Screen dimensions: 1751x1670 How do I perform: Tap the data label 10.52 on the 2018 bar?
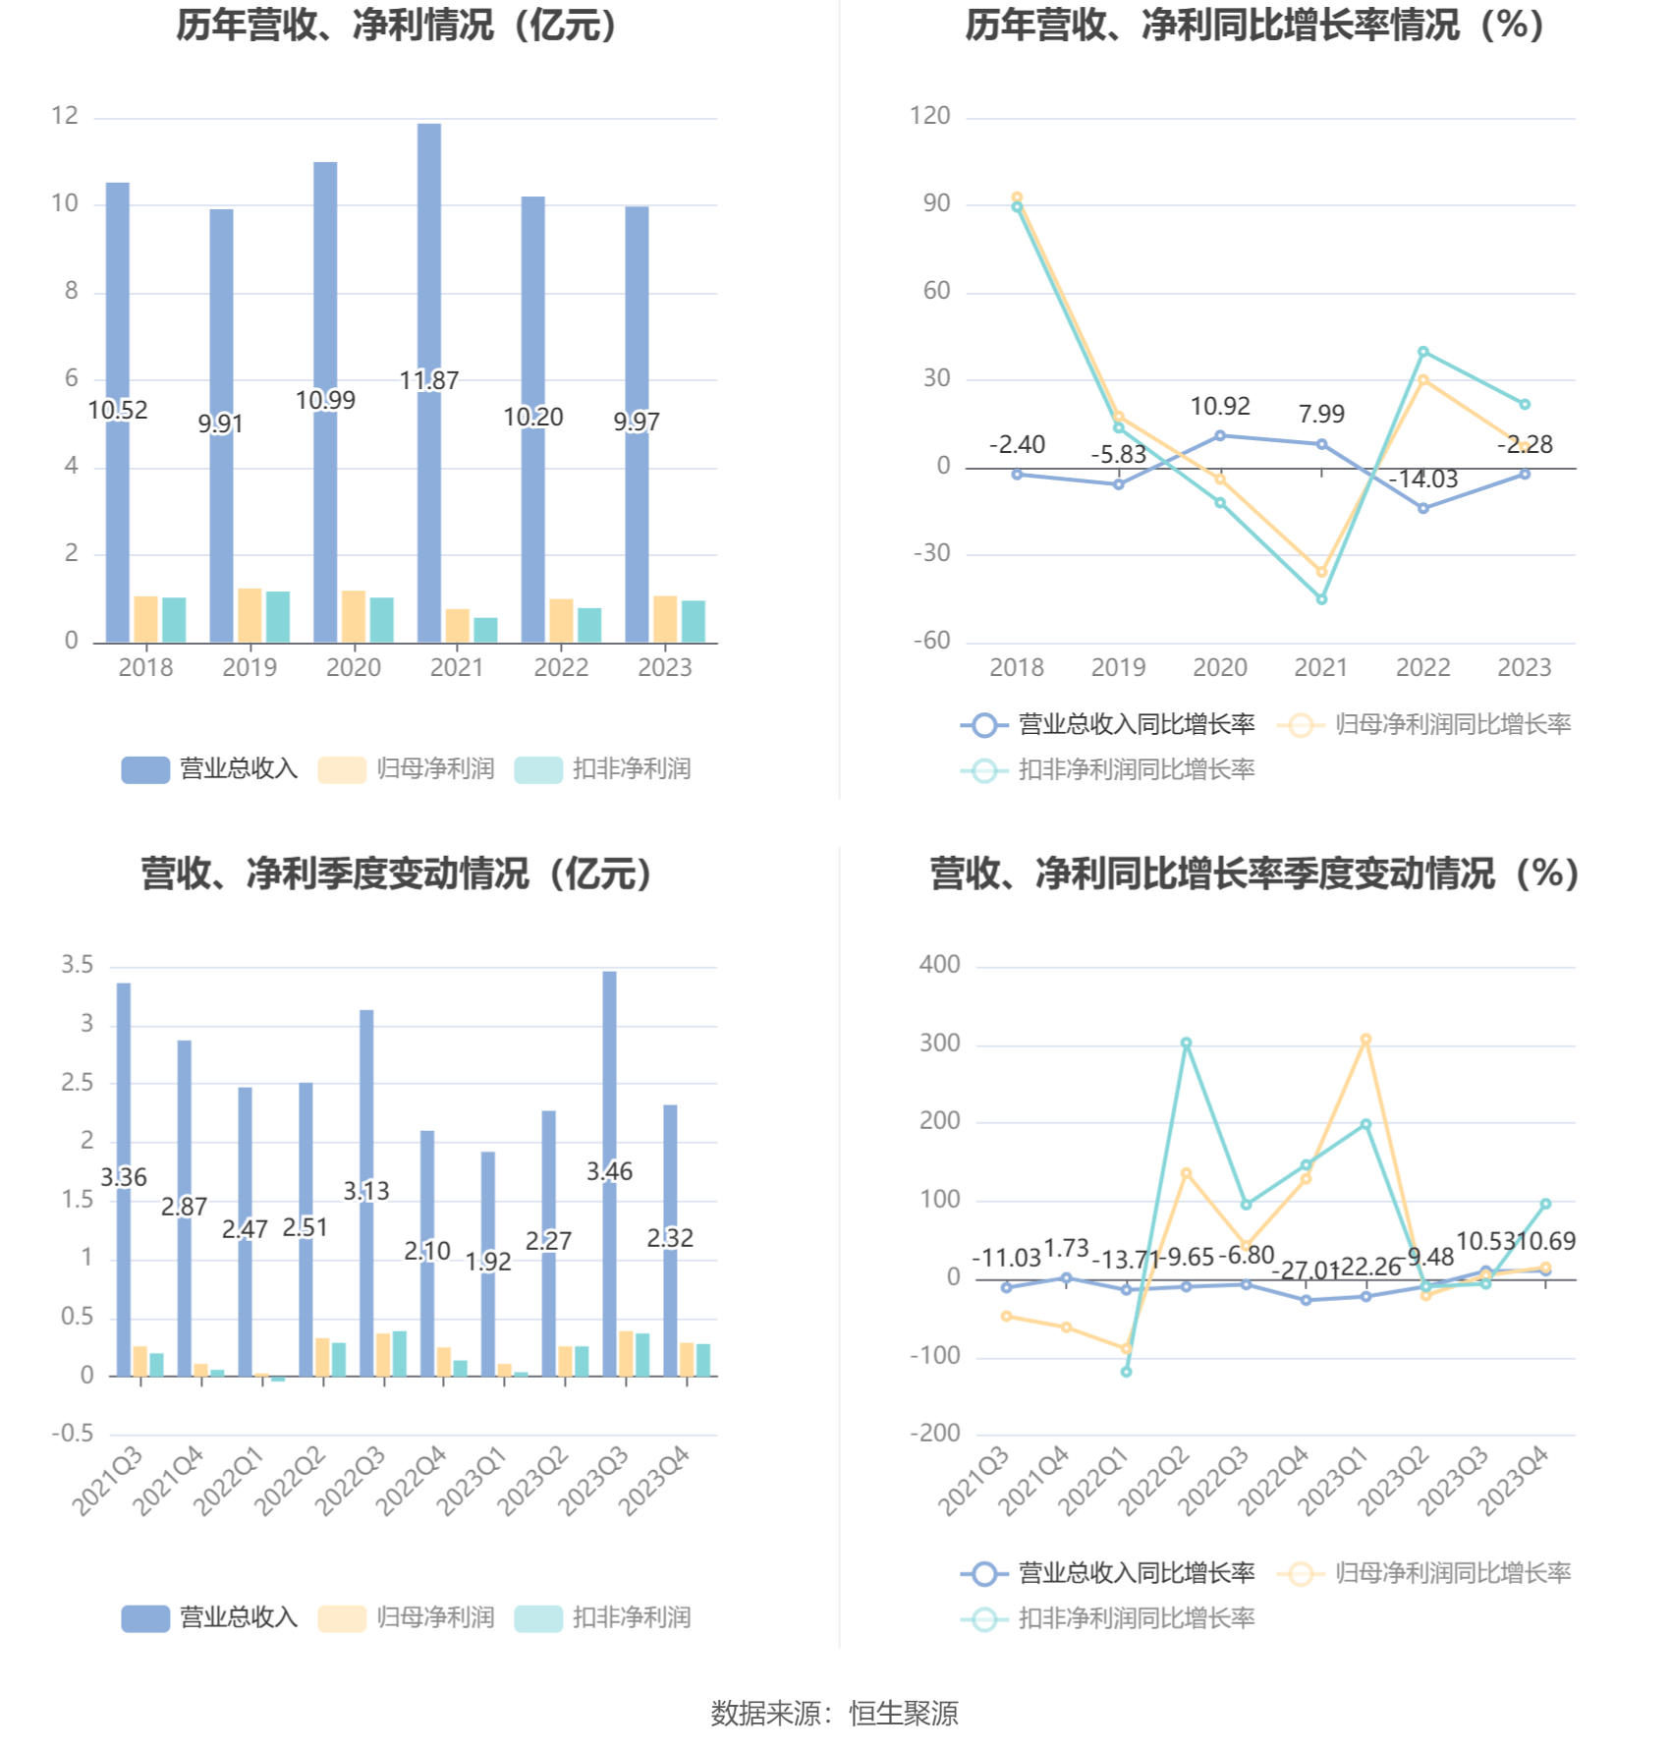118,410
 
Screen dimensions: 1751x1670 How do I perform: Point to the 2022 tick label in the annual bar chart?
561,668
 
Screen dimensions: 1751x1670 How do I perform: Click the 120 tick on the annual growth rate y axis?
929,116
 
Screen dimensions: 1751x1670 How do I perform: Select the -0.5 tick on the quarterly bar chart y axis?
73,1434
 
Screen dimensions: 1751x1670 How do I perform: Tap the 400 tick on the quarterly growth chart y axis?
939,965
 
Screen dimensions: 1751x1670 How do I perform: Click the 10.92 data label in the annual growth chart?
1220,406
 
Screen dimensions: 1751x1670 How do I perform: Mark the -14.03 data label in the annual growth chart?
1423,480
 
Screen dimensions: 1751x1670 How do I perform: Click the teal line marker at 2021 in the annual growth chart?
1321,599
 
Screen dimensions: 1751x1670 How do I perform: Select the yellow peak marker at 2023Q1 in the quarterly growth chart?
1365,1040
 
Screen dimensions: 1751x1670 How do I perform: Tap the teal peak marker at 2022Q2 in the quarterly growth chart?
1187,1044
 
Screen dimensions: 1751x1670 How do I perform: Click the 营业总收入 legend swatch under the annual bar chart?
145,769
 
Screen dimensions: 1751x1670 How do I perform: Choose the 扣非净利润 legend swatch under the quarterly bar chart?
538,1618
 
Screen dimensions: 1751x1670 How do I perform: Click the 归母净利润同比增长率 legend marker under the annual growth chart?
1301,725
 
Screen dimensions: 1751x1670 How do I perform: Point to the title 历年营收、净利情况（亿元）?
398,26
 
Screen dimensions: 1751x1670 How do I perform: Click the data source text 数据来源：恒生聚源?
834,1714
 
